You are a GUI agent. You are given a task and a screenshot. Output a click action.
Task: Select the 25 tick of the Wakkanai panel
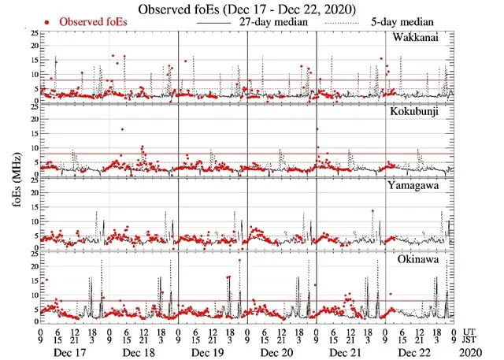point(31,34)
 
